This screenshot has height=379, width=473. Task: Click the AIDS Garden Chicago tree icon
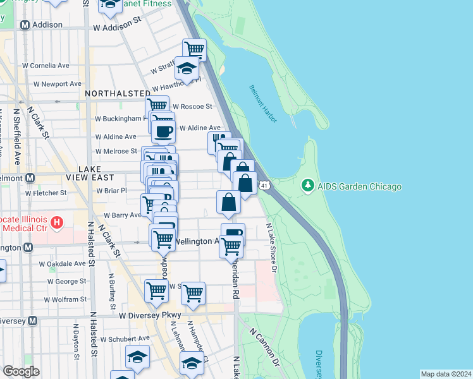pyautogui.click(x=308, y=186)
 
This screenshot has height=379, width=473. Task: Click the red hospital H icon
pyautogui.click(x=57, y=222)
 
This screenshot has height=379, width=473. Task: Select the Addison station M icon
pyautogui.click(x=25, y=25)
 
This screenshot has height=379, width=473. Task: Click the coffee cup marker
pyautogui.click(x=164, y=131)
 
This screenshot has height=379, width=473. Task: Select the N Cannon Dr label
pyautogui.click(x=265, y=347)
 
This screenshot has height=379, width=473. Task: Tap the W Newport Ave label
pyautogui.click(x=58, y=83)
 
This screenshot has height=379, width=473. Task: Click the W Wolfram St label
pyautogui.click(x=66, y=299)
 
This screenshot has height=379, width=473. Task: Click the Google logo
pyautogui.click(x=21, y=371)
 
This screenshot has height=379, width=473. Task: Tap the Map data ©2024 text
pyautogui.click(x=446, y=374)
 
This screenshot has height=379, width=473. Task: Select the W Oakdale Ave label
pyautogui.click(x=62, y=264)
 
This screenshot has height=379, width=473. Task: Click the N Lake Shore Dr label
pyautogui.click(x=272, y=247)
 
